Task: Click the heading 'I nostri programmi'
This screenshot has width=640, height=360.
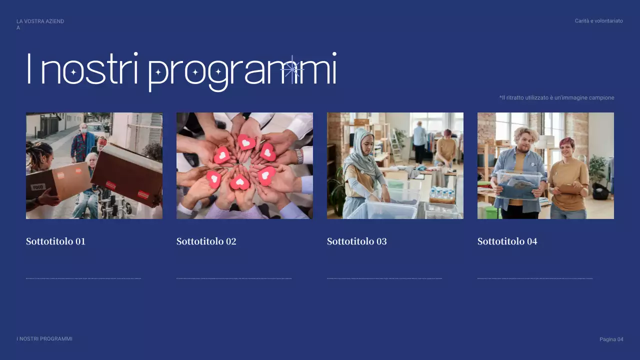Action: (181, 71)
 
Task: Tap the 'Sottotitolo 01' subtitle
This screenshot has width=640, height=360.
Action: (55, 241)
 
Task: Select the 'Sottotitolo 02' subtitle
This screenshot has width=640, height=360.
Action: (206, 241)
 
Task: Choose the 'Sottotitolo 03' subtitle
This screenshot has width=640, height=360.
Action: (356, 241)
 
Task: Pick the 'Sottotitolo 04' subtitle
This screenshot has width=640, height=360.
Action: (507, 241)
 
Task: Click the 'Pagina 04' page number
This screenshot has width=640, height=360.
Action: (611, 339)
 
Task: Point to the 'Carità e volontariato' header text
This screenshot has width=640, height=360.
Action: (598, 21)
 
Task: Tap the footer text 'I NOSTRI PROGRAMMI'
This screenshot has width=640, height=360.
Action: (44, 339)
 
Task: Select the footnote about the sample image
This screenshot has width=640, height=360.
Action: (556, 98)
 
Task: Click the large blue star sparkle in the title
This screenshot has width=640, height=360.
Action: (292, 70)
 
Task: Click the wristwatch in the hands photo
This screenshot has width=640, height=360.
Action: (299, 156)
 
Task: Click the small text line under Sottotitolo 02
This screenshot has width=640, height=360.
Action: (234, 278)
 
